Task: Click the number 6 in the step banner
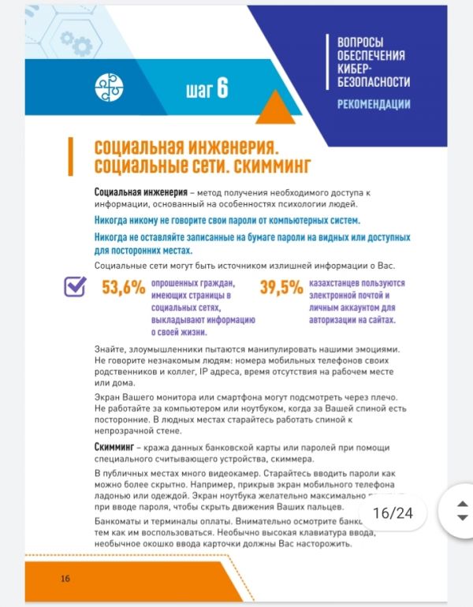click(x=222, y=88)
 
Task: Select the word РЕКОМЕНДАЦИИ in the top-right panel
click(x=373, y=103)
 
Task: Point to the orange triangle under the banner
click(x=275, y=110)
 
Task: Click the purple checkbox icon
click(x=75, y=287)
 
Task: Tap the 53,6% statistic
click(x=124, y=288)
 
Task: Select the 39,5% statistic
click(x=281, y=288)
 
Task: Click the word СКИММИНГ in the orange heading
click(x=269, y=166)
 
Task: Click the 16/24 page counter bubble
click(x=393, y=513)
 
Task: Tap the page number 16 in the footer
click(x=65, y=579)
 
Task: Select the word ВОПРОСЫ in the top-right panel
click(x=359, y=42)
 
